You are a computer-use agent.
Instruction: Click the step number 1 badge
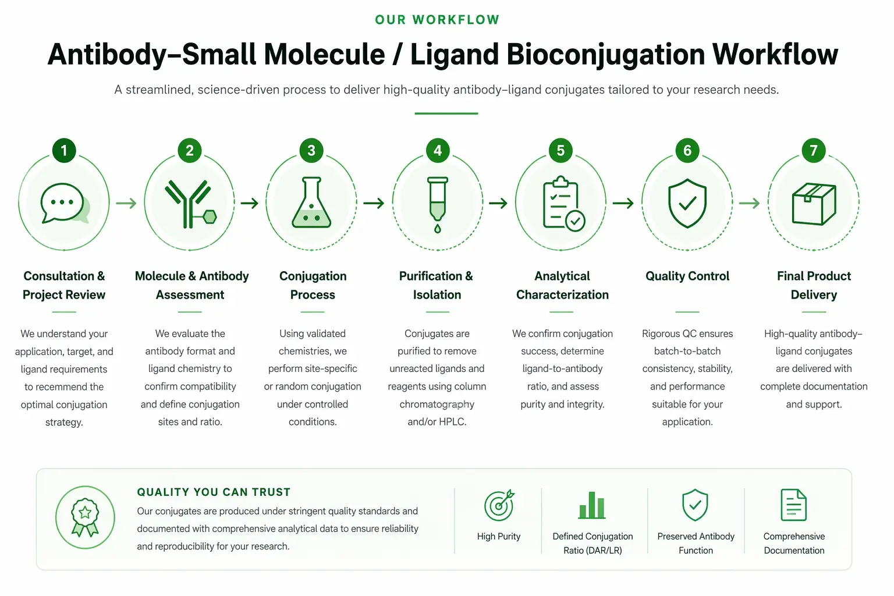(64, 151)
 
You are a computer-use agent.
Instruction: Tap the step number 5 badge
(560, 151)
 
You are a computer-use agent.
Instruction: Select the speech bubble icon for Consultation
(65, 203)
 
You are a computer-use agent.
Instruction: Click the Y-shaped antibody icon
(190, 204)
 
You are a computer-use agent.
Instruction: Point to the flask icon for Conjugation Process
(311, 203)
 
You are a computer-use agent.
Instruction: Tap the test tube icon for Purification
(438, 204)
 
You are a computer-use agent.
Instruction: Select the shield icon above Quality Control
(687, 203)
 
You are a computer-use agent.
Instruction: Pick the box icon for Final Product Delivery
(814, 204)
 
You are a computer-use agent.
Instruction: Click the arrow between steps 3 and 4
(374, 203)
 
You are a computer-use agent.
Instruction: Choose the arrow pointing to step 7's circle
(749, 203)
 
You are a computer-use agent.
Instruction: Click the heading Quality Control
(687, 276)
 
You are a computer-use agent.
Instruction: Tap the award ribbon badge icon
(85, 517)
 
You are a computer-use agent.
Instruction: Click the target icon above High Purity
(499, 505)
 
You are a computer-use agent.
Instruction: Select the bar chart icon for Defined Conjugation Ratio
(592, 505)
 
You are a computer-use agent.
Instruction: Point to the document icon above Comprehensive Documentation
(794, 505)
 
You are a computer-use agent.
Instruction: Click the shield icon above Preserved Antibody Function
(695, 505)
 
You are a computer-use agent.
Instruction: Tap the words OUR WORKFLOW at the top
(437, 20)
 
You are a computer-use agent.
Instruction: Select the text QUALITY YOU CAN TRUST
(214, 492)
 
